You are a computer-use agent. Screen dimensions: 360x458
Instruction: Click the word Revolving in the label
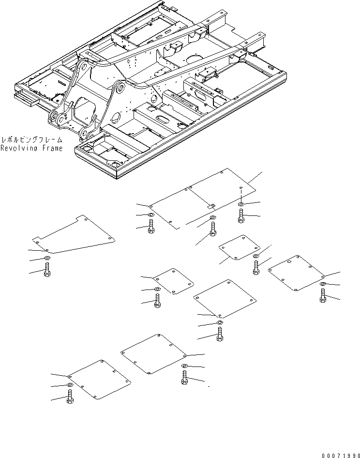point(19,148)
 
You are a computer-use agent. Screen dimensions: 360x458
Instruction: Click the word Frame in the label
point(53,148)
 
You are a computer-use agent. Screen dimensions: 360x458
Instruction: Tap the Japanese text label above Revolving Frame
point(32,139)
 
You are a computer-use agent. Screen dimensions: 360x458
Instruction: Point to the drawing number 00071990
point(341,456)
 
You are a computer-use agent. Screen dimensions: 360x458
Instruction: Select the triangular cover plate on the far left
point(74,234)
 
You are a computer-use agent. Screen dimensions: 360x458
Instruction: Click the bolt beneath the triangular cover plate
point(47,269)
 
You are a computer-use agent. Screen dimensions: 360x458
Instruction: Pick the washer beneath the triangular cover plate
point(47,258)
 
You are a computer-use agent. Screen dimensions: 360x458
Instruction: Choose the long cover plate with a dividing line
point(202,198)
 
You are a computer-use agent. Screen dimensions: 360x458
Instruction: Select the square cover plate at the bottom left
point(99,380)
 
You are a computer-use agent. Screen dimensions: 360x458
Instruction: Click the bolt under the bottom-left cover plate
point(70,397)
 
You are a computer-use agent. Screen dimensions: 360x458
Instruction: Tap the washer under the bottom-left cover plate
point(70,385)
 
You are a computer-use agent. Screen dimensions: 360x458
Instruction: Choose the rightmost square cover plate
point(296,273)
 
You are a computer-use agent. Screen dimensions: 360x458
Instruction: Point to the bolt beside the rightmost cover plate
point(323,296)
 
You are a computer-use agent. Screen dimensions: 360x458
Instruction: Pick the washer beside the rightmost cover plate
point(322,284)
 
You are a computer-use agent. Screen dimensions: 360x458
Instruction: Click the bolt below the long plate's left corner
point(151,227)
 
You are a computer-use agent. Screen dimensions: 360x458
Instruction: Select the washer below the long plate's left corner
point(151,215)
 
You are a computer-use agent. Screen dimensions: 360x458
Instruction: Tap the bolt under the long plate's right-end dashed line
point(241,216)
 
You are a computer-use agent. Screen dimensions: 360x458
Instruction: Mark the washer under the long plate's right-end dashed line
point(241,204)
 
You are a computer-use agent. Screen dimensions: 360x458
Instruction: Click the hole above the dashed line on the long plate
point(240,187)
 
